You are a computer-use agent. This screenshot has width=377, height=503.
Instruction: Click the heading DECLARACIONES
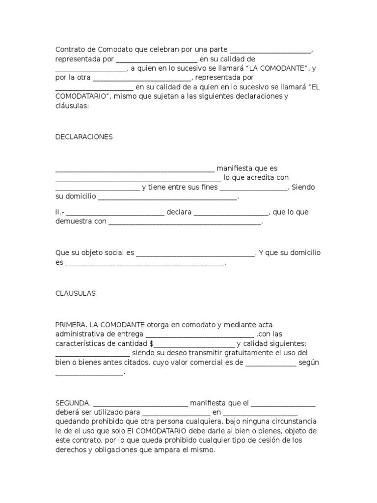pos(84,137)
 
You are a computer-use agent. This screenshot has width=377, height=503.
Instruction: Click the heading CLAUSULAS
pos(76,293)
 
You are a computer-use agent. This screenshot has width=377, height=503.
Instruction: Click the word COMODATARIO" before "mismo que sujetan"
pos(83,96)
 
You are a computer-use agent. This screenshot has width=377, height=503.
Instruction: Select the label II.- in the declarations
pos(60,212)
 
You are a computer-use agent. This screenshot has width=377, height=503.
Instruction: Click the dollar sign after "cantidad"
pos(152,343)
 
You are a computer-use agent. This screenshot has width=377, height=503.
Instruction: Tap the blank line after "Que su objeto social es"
pos(195,253)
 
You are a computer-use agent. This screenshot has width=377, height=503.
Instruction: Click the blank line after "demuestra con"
pos(185,222)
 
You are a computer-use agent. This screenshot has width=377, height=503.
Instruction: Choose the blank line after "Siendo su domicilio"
pos(168,197)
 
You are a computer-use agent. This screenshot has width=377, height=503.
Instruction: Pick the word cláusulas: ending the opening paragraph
pos(72,106)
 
